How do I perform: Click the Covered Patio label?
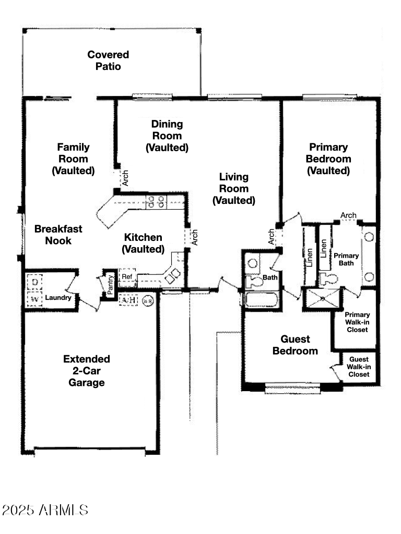(x=108, y=60)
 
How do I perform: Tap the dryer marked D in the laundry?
(x=34, y=282)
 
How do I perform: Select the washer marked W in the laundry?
(x=34, y=299)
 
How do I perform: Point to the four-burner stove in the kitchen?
(x=155, y=201)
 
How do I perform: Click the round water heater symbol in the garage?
(x=148, y=301)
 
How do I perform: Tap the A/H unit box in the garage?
(x=128, y=300)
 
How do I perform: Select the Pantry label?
(x=110, y=285)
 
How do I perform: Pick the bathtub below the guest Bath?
(x=262, y=300)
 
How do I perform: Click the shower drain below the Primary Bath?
(x=322, y=299)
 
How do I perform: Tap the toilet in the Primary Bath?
(x=329, y=277)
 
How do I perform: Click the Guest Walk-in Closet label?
(x=359, y=367)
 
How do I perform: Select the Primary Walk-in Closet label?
(x=357, y=322)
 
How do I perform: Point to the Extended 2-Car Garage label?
(x=87, y=371)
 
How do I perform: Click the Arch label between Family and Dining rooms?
(x=125, y=178)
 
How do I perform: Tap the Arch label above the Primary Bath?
(x=348, y=215)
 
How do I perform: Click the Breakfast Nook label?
(x=58, y=235)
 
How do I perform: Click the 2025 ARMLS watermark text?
(x=45, y=509)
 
